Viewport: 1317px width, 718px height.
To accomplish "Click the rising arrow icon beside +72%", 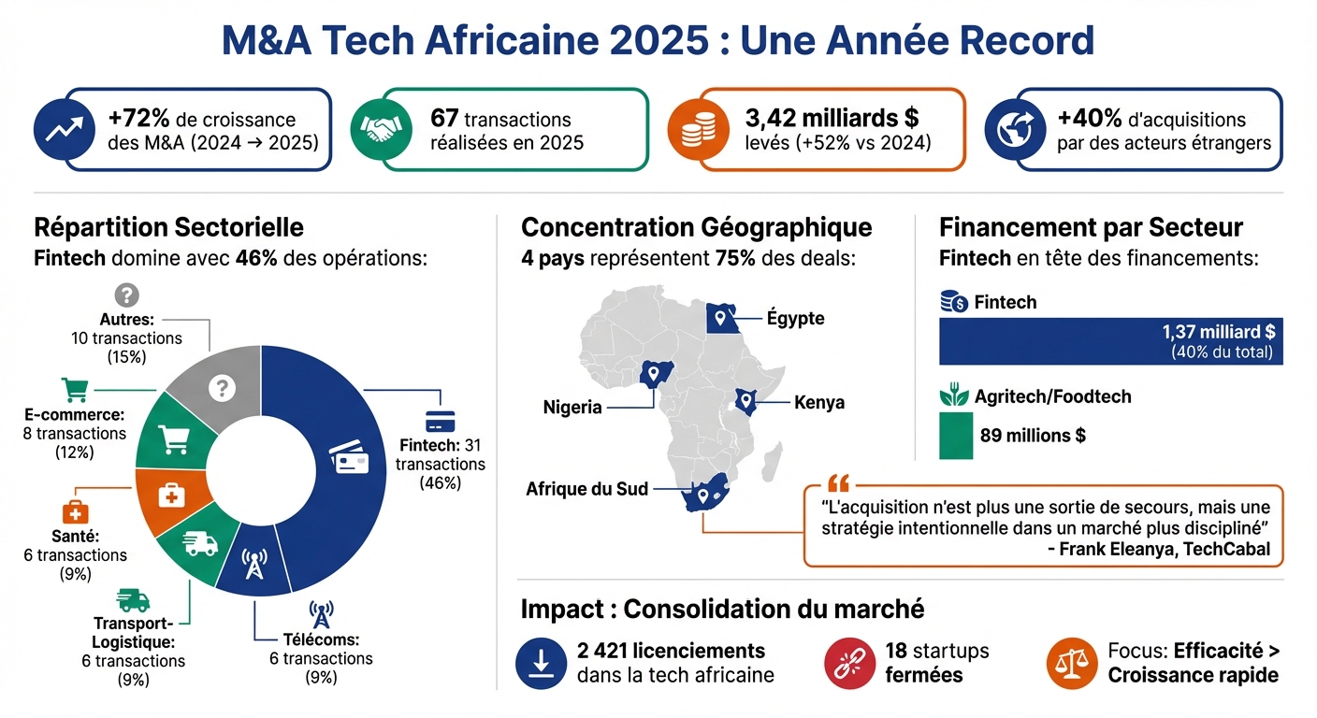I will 64,131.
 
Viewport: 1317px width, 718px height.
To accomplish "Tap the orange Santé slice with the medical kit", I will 168,497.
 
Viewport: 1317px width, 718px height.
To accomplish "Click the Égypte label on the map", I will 795,319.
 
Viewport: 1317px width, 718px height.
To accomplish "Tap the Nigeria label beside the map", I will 572,408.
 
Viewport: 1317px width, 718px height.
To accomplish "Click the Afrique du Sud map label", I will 586,489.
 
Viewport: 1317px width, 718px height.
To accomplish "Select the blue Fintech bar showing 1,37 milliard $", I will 1110,341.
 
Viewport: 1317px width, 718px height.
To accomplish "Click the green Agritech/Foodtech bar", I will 955,436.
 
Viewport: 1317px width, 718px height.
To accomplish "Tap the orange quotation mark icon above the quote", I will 838,484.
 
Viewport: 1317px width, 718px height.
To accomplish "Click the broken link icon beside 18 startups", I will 849,662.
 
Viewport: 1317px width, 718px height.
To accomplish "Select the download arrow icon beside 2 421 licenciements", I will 540,662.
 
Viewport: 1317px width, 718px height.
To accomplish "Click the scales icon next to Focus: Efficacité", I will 1070,662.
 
